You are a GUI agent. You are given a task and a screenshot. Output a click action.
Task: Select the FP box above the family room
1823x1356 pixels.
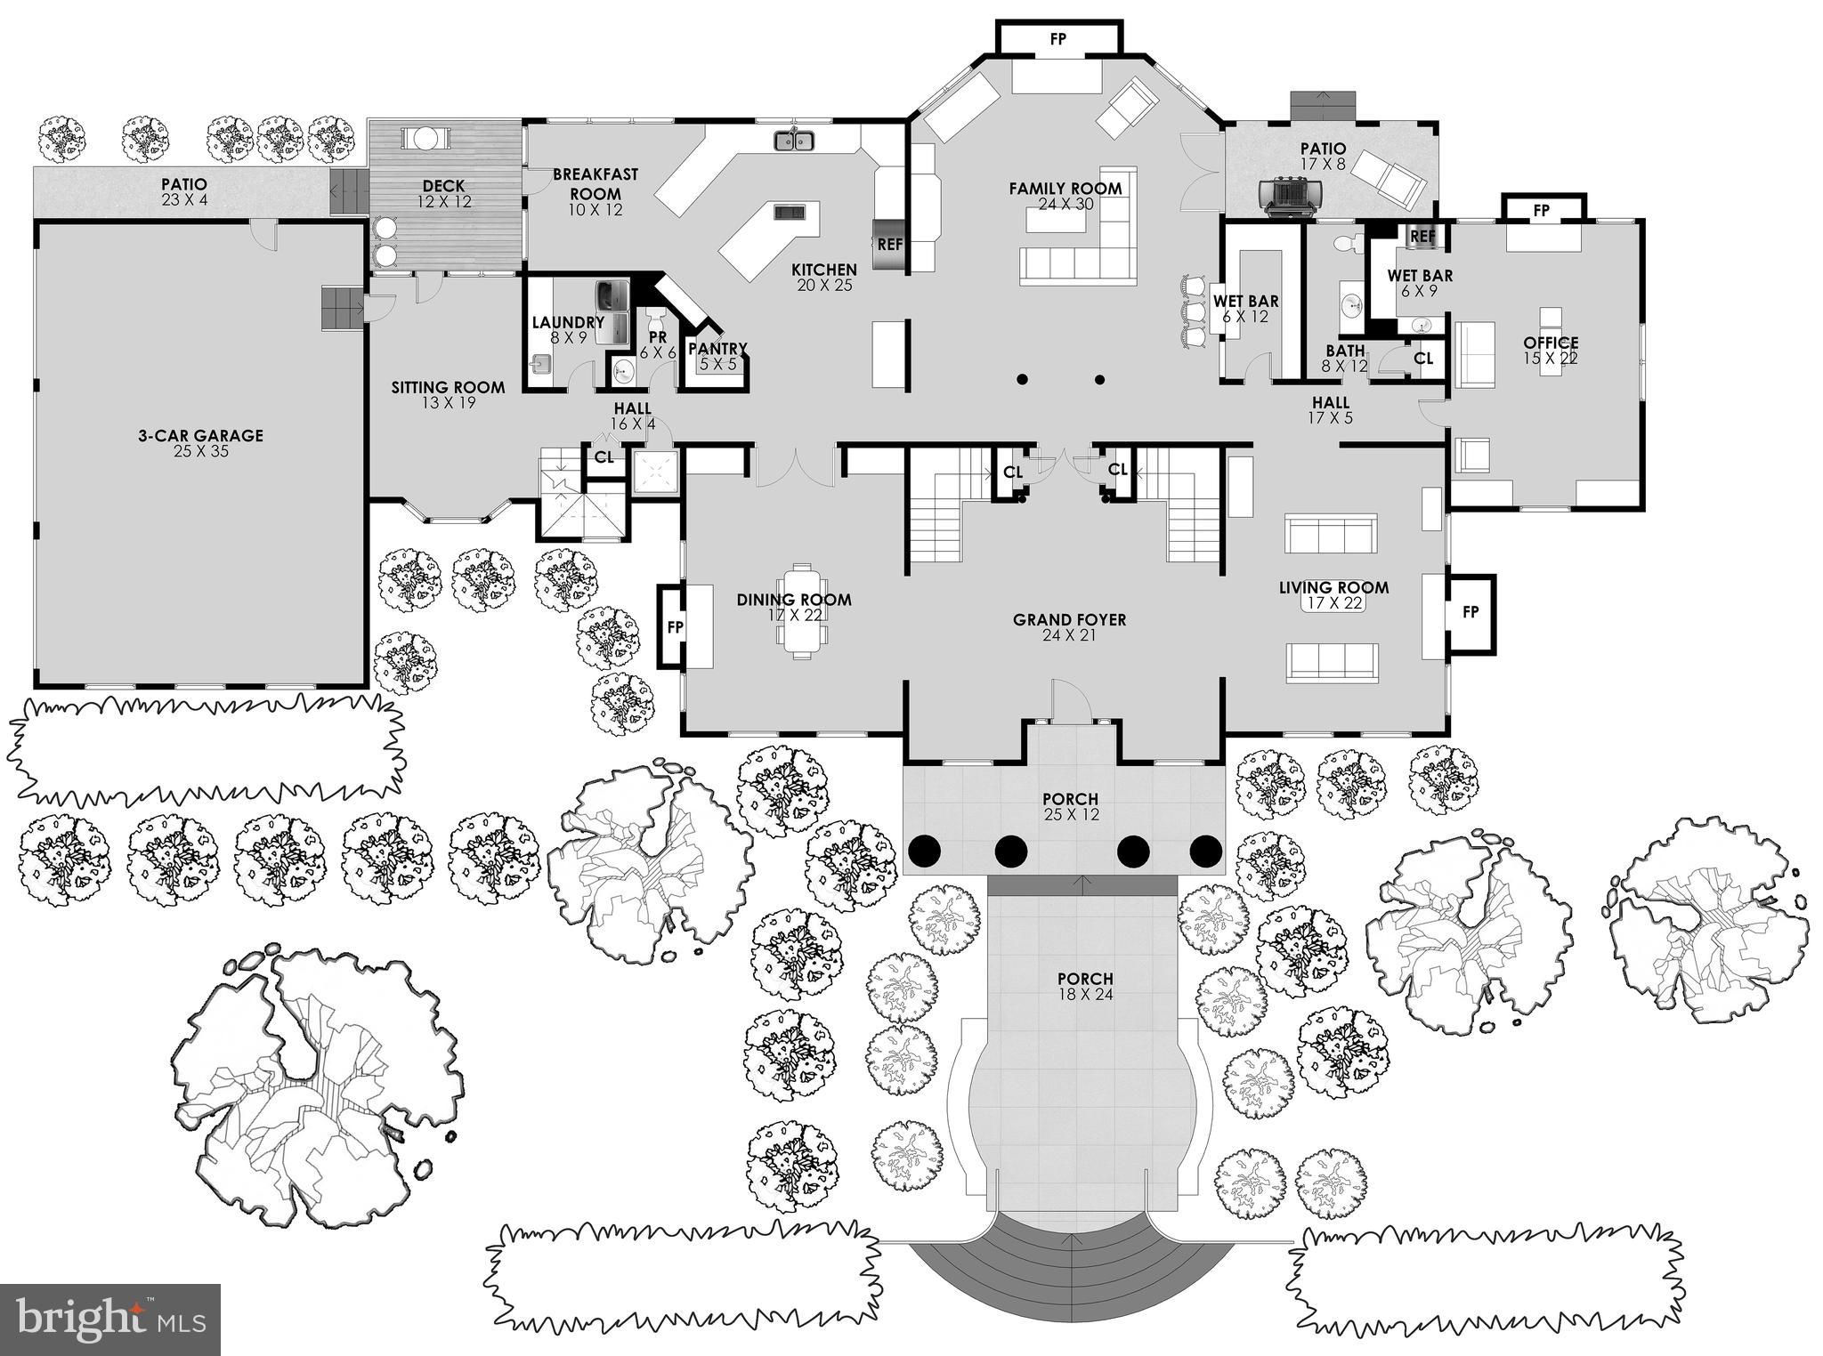(1057, 40)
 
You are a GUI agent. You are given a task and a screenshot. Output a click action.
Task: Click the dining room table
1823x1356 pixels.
(801, 610)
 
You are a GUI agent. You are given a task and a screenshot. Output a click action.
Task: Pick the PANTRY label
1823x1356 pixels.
(717, 349)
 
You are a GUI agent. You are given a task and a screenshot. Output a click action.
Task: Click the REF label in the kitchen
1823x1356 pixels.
(889, 244)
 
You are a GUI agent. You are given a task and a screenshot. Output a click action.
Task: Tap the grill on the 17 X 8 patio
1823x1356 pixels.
(1290, 193)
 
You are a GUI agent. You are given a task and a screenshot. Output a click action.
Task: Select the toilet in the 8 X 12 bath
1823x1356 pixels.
(1352, 241)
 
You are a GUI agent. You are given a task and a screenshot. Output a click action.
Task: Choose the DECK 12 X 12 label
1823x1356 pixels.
(443, 193)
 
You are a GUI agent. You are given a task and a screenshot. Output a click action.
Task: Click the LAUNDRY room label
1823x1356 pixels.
(568, 322)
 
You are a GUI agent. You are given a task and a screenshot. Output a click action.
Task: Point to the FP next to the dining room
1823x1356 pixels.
(675, 627)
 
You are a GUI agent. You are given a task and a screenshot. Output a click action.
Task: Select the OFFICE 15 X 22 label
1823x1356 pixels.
(1550, 350)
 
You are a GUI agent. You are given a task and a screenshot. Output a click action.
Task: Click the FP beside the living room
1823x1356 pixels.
(1470, 612)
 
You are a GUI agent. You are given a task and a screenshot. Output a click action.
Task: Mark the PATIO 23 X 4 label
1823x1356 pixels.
(184, 191)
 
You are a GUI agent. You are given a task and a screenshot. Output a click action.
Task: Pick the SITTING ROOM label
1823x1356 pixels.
(448, 394)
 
